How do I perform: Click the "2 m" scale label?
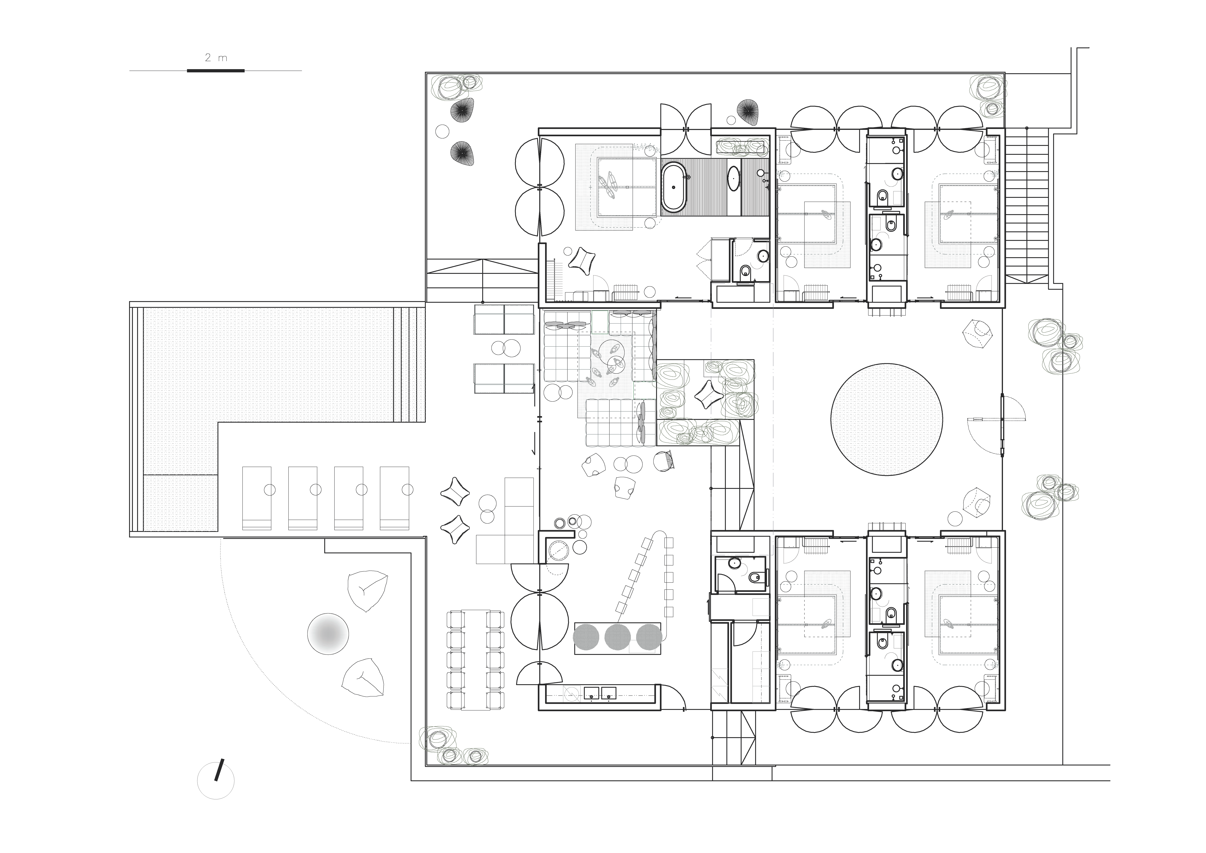(216, 58)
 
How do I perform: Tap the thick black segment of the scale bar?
(216, 70)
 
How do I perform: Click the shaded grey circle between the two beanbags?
(328, 634)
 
